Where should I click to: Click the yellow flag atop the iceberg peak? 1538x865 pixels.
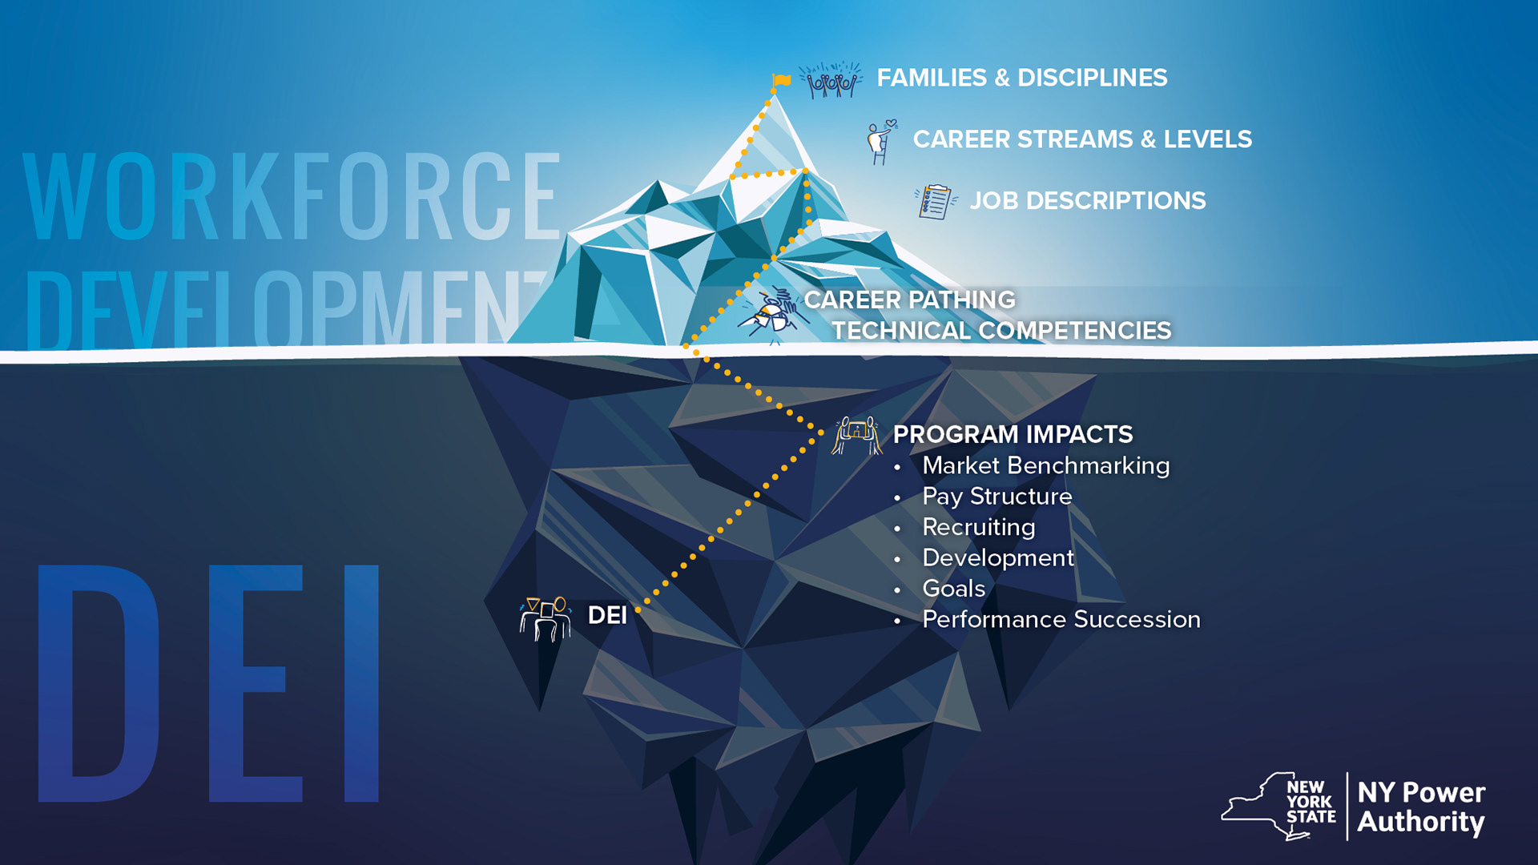[x=782, y=80]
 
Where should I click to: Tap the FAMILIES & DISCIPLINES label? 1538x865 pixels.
[x=1021, y=78]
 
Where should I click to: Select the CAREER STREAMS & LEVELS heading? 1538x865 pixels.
[x=1081, y=139]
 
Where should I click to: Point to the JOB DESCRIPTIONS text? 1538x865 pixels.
[x=1087, y=201]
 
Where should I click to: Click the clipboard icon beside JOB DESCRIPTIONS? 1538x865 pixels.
[x=935, y=201]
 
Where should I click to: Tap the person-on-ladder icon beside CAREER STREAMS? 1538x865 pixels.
[x=881, y=142]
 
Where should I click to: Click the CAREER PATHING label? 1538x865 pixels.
[x=909, y=300]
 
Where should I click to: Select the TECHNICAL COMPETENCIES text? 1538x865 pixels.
[x=1001, y=331]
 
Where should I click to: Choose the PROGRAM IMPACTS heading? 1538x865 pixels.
[x=1013, y=434]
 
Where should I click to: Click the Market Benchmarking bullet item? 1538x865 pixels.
[x=1045, y=465]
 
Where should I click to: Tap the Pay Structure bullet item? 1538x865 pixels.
[x=996, y=497]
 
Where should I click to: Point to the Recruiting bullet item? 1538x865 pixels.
[x=978, y=527]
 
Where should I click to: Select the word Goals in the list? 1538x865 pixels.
[x=953, y=589]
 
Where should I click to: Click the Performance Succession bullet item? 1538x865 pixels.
[x=1061, y=619]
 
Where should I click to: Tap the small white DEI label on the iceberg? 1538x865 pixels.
[x=607, y=615]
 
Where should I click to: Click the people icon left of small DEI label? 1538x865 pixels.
[x=546, y=618]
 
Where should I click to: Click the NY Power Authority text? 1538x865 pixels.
[x=1420, y=807]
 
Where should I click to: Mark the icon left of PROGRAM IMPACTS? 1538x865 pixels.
[x=856, y=435]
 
